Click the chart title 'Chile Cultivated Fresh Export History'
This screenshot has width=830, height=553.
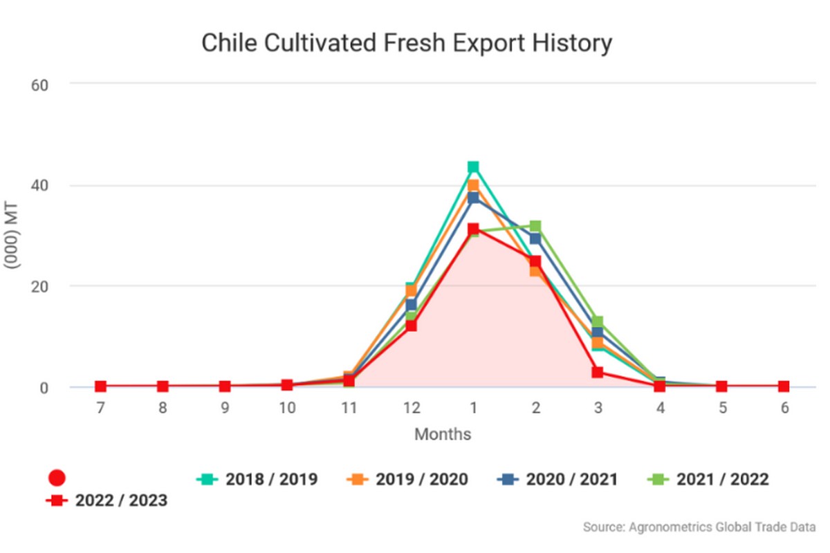tap(407, 44)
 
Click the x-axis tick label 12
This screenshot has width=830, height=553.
tap(412, 409)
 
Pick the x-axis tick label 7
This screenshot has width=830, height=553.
tap(101, 409)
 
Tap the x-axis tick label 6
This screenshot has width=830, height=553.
tap(784, 409)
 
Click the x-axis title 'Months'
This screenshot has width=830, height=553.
tap(443, 435)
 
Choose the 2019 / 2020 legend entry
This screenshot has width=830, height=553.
tap(409, 479)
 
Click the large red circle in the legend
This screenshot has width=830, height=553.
tap(57, 478)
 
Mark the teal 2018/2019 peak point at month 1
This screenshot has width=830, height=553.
tap(473, 167)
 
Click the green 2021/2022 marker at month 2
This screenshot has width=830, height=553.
tap(535, 226)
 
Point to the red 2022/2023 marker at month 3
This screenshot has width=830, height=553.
tap(598, 373)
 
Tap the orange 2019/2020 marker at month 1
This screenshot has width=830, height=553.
tap(473, 185)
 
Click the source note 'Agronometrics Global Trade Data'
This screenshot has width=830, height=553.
tap(699, 527)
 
